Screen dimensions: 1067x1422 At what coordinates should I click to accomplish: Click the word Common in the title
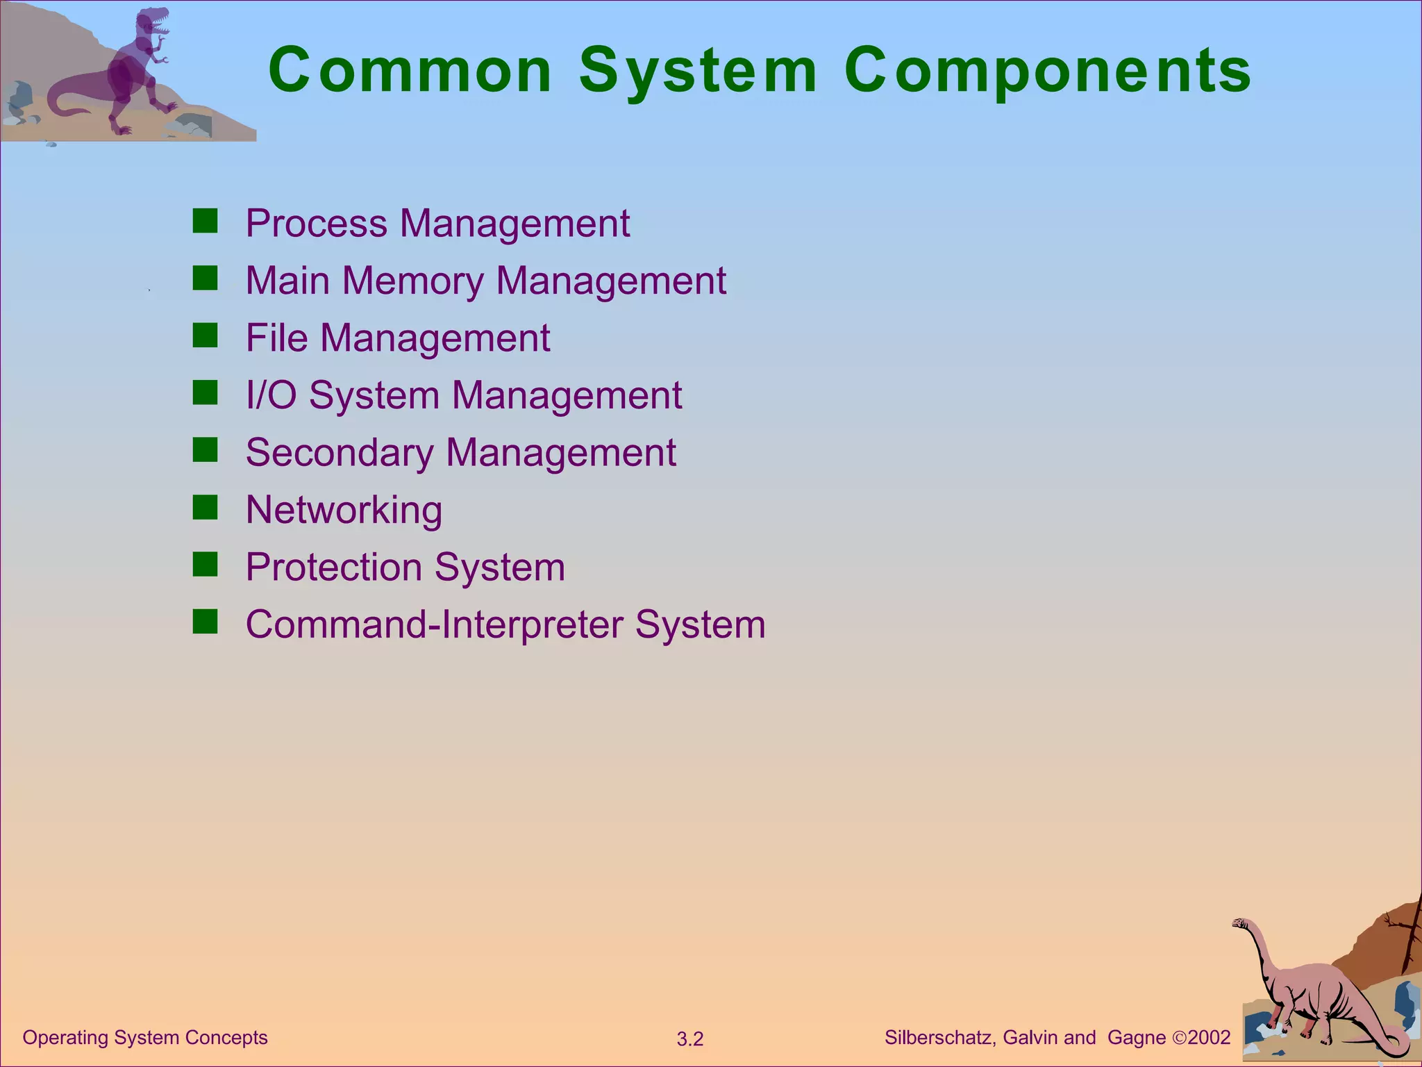click(410, 70)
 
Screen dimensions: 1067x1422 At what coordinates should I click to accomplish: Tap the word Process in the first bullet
click(317, 224)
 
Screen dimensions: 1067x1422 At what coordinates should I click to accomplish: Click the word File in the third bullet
click(276, 338)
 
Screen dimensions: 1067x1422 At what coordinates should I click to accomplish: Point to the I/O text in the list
click(271, 395)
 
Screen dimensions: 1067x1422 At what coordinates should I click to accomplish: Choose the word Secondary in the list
click(340, 453)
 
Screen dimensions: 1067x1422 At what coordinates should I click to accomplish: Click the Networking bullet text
click(344, 510)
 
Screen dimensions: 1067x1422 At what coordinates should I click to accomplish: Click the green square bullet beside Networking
click(206, 507)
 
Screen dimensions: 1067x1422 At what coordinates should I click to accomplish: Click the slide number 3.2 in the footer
click(690, 1039)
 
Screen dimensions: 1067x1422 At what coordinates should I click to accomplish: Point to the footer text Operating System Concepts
click(145, 1038)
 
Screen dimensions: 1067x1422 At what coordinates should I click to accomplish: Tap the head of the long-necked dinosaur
click(1241, 923)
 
